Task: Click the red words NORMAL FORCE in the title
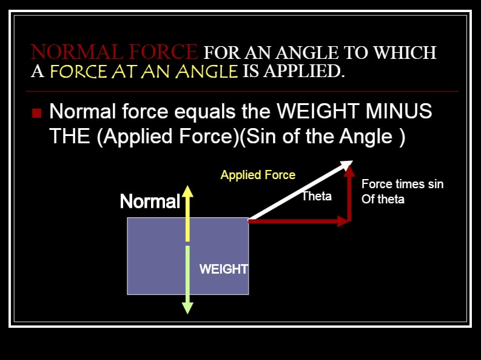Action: pyautogui.click(x=114, y=52)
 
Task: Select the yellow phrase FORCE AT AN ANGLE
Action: pyautogui.click(x=144, y=71)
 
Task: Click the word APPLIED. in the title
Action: pyautogui.click(x=304, y=71)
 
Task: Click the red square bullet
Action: pyautogui.click(x=36, y=113)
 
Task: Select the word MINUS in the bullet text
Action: pyautogui.click(x=399, y=111)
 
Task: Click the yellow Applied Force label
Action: pyautogui.click(x=258, y=175)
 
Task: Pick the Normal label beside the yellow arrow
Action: pyautogui.click(x=150, y=202)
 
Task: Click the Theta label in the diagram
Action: pyautogui.click(x=317, y=196)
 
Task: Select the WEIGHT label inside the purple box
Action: pyautogui.click(x=224, y=269)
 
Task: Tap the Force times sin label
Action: pyautogui.click(x=403, y=184)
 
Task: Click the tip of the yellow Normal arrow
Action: pyautogui.click(x=188, y=186)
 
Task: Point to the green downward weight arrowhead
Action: pyautogui.click(x=187, y=308)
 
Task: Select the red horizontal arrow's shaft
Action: pyautogui.click(x=293, y=221)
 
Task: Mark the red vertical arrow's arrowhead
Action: pyautogui.click(x=349, y=171)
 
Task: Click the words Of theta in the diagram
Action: pyautogui.click(x=383, y=200)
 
